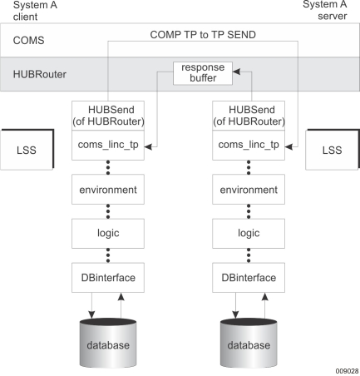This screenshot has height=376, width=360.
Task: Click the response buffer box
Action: point(203,73)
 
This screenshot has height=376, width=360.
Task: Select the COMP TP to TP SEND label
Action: point(203,35)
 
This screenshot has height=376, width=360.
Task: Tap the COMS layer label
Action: point(28,41)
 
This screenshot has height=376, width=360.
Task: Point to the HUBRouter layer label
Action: point(40,74)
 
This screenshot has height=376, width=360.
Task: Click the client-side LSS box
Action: point(27,150)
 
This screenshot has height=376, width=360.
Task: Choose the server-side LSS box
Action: point(333,150)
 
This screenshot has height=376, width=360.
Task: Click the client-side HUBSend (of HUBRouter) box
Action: point(108,116)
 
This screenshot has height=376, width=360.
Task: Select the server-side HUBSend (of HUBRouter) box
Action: point(249,116)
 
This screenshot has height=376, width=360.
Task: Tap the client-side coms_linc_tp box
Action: point(108,146)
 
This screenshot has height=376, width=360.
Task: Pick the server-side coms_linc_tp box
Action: point(249,146)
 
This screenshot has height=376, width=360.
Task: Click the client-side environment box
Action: point(108,190)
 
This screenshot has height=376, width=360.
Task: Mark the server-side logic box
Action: point(249,234)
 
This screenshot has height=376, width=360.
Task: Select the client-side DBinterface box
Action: point(108,278)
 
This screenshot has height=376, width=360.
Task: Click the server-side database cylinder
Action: point(249,343)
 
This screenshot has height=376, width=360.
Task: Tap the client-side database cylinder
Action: point(108,343)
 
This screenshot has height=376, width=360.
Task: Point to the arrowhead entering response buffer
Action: point(236,72)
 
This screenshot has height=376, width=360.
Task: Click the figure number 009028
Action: point(347,371)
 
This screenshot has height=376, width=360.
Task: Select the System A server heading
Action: point(325,10)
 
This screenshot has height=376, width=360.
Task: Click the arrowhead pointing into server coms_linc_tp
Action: point(288,146)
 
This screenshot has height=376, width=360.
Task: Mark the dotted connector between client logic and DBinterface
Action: point(108,255)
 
